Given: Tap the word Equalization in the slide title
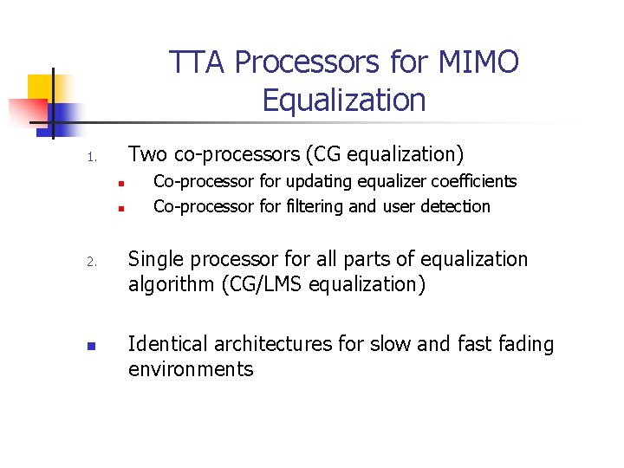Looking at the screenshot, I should click(344, 101).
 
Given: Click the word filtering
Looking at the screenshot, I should click(307, 207).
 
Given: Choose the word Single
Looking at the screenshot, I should click(157, 259).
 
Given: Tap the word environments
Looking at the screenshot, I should click(191, 369).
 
